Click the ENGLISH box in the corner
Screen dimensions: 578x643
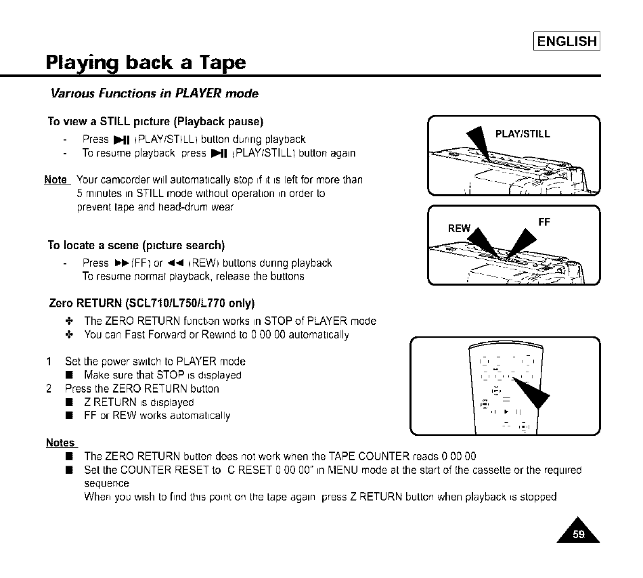pyautogui.click(x=567, y=41)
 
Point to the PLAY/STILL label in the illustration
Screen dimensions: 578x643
pyautogui.click(x=523, y=134)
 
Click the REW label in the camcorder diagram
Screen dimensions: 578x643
pyautogui.click(x=459, y=228)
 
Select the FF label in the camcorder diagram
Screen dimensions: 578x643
pyautogui.click(x=544, y=221)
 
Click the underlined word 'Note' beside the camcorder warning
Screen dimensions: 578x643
pyautogui.click(x=56, y=180)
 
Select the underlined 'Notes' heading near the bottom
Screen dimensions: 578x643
pyautogui.click(x=60, y=443)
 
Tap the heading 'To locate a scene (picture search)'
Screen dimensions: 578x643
pyautogui.click(x=136, y=245)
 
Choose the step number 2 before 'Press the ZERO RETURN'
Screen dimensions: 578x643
pyautogui.click(x=49, y=389)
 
